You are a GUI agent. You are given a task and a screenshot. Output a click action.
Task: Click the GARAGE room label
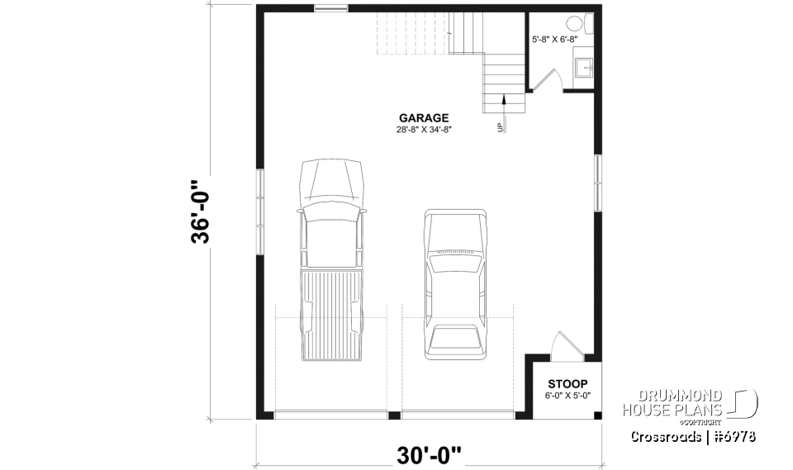tap(425, 118)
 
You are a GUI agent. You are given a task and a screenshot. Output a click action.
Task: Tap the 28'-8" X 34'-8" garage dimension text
tap(425, 130)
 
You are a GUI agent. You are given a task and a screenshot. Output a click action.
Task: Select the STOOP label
tap(567, 384)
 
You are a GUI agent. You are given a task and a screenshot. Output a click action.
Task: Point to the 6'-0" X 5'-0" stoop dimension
tap(567, 396)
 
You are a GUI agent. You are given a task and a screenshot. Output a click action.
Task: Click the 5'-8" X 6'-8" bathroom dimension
tap(560, 39)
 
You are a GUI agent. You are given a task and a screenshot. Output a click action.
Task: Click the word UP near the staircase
tap(499, 127)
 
